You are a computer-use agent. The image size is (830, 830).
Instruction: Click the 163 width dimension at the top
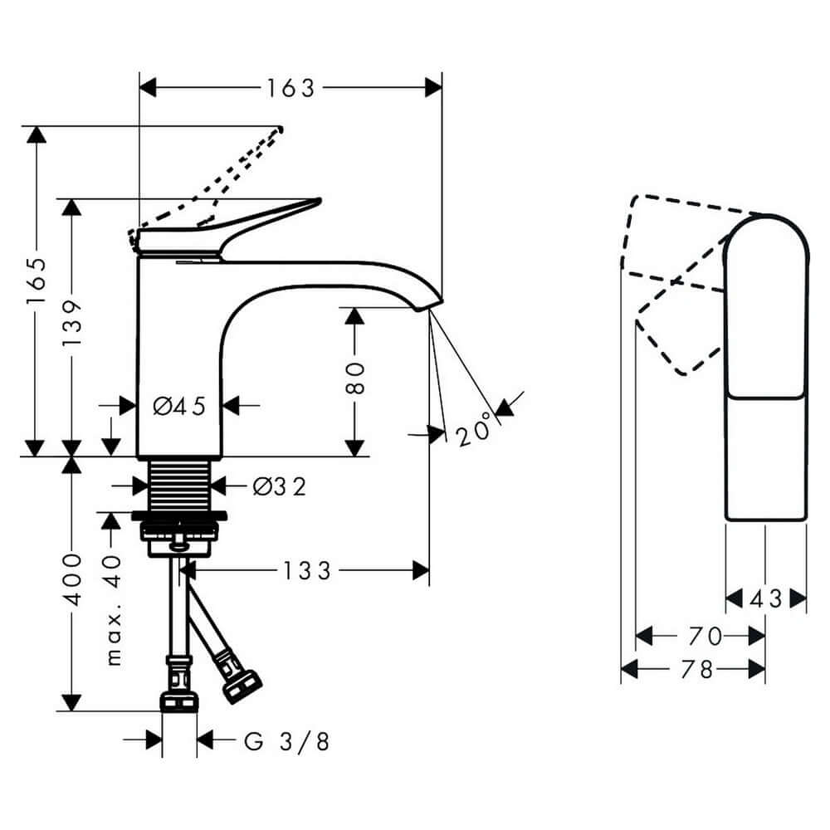click(290, 88)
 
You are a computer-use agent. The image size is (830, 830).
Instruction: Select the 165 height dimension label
click(37, 281)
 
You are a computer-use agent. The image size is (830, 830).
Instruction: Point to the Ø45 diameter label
click(179, 406)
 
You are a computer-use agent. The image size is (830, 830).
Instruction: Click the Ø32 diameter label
click(279, 486)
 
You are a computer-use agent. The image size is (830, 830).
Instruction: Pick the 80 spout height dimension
click(354, 378)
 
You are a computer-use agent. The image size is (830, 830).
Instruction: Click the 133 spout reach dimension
click(306, 571)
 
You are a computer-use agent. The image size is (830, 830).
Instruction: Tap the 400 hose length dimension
click(72, 579)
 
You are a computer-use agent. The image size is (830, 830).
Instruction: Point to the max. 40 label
click(113, 609)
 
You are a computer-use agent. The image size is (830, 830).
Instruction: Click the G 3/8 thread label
click(286, 741)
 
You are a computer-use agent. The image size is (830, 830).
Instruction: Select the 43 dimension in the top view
click(765, 599)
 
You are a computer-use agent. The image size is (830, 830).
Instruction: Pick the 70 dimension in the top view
click(705, 636)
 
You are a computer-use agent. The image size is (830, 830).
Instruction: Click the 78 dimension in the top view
click(696, 670)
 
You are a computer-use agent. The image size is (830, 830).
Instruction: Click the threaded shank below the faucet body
click(179, 486)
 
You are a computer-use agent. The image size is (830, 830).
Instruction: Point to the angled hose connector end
click(242, 686)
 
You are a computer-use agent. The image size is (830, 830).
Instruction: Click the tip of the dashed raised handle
click(280, 129)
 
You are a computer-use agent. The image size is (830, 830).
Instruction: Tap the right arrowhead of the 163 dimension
click(433, 88)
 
